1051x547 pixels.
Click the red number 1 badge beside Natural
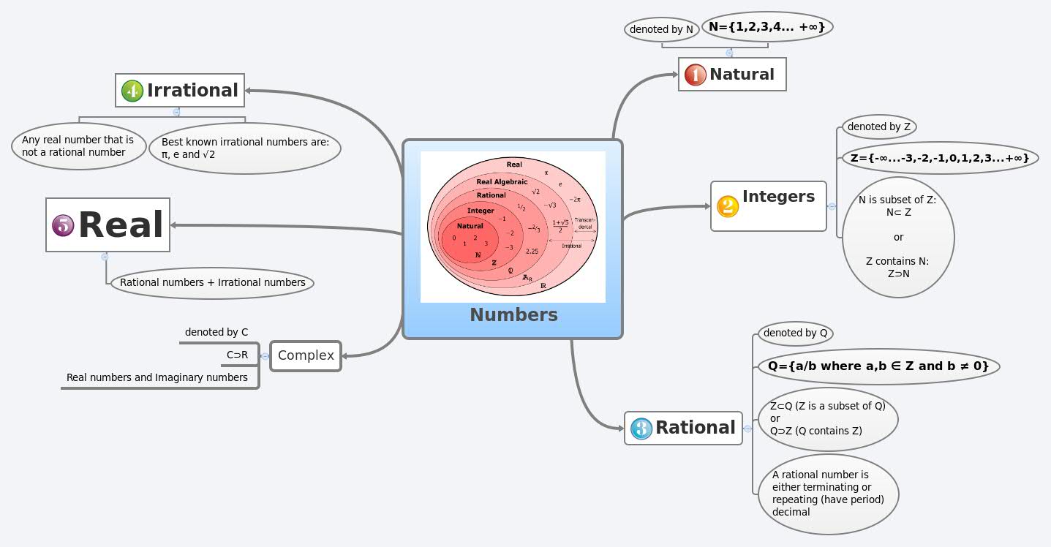[x=695, y=75]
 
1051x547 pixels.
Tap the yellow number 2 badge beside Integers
[x=728, y=206]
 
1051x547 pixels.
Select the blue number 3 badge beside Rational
[x=641, y=429]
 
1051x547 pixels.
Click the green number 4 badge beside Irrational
[x=132, y=91]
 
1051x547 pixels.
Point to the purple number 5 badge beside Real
[x=64, y=225]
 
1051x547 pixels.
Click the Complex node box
[x=306, y=356]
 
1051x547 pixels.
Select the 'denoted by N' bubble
[x=661, y=30]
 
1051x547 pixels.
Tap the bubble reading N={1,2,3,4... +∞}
[x=767, y=27]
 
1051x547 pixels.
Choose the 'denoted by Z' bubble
[x=878, y=127]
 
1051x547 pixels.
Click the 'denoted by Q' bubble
[x=795, y=333]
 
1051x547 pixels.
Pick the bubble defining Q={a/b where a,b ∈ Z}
[x=878, y=366]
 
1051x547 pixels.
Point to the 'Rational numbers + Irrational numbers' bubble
[x=212, y=283]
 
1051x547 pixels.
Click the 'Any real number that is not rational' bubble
[x=78, y=146]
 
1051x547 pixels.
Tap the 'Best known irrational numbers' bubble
[x=245, y=148]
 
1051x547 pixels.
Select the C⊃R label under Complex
[x=238, y=355]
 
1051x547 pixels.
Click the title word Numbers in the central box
[x=513, y=315]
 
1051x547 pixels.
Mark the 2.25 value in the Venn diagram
[x=532, y=251]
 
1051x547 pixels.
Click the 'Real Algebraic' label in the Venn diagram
[x=502, y=181]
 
